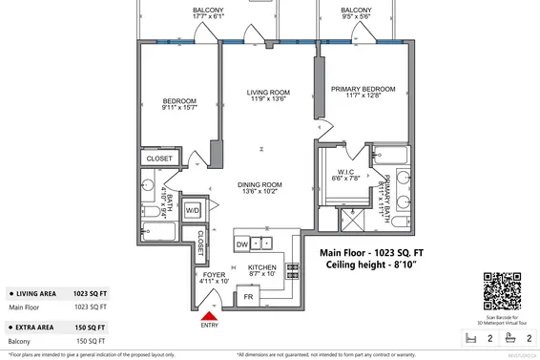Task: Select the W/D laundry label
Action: point(192,210)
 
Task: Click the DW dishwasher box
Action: point(242,244)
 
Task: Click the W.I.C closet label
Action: point(344,173)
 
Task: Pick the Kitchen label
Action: point(261,269)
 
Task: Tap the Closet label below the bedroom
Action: point(159,159)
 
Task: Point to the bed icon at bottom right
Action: point(467,337)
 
